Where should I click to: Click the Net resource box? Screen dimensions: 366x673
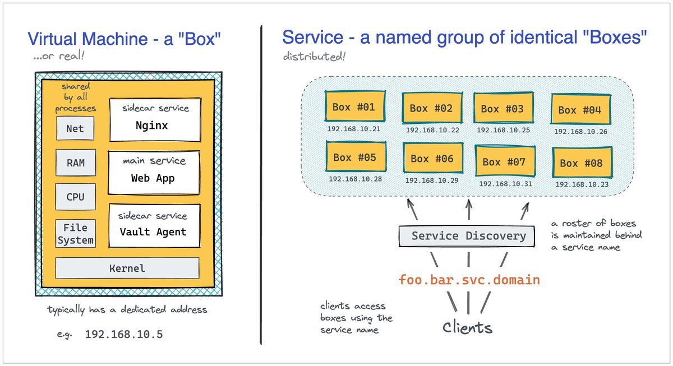[75, 128]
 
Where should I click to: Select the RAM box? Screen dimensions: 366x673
[75, 163]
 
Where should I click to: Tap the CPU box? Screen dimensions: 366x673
[75, 197]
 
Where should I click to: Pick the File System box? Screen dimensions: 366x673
[75, 234]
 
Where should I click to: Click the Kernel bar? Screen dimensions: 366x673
[127, 268]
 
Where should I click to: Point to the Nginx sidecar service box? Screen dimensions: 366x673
[154, 120]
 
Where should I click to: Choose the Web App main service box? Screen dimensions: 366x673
[154, 171]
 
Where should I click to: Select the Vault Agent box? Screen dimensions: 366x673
[154, 225]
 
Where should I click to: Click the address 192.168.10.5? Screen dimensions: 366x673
[123, 335]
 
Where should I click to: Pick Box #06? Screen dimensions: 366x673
[431, 159]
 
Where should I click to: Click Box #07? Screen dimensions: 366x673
[504, 161]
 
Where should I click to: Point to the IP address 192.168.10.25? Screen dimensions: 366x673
[503, 129]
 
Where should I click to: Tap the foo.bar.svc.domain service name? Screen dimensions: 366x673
[469, 279]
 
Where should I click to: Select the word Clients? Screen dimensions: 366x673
[467, 327]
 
